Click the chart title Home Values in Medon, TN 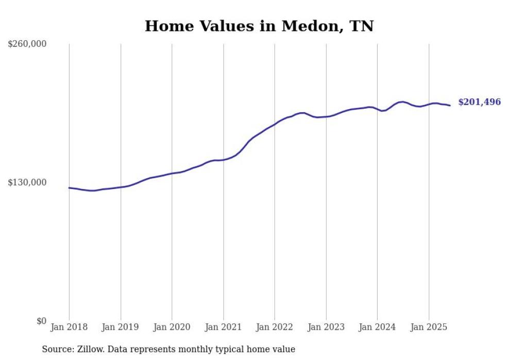pyautogui.click(x=259, y=26)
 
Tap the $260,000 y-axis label pyautogui.click(x=27, y=44)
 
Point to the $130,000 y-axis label pyautogui.click(x=27, y=183)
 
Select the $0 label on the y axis pyautogui.click(x=41, y=321)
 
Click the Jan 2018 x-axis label pyautogui.click(x=69, y=327)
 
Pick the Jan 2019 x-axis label pyautogui.click(x=121, y=327)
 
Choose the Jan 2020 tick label pyautogui.click(x=172, y=327)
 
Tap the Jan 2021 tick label pyautogui.click(x=223, y=327)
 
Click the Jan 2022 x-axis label pyautogui.click(x=275, y=327)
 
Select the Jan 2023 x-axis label pyautogui.click(x=326, y=327)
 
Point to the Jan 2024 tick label pyautogui.click(x=377, y=327)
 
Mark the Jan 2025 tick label pyautogui.click(x=429, y=327)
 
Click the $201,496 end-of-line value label pyautogui.click(x=479, y=102)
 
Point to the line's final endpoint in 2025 pyautogui.click(x=450, y=106)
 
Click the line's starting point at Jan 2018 pyautogui.click(x=69, y=188)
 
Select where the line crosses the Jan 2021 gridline pyautogui.click(x=223, y=160)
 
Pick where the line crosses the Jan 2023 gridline pyautogui.click(x=326, y=116)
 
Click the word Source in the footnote pyautogui.click(x=57, y=350)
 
